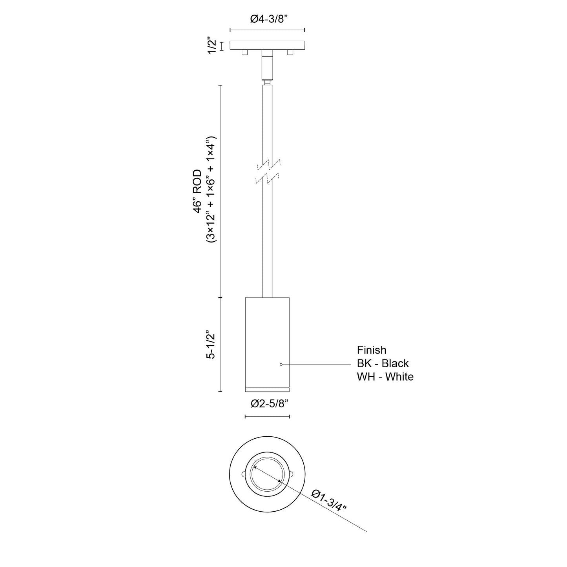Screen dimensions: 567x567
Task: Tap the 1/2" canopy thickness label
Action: (212, 46)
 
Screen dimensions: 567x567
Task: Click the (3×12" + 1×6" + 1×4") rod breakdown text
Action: (211, 191)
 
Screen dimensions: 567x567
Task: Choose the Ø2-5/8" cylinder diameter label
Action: (267, 403)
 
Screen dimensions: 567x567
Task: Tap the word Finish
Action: (371, 350)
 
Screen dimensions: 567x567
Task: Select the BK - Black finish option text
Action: (383, 363)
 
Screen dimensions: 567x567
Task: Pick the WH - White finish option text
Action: (385, 377)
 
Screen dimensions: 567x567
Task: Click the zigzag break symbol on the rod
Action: (268, 172)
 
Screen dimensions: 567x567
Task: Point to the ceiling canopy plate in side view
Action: (267, 46)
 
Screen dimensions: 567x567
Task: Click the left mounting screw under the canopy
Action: (244, 52)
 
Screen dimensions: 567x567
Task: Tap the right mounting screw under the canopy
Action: (290, 52)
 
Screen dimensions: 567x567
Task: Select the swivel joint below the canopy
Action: (267, 67)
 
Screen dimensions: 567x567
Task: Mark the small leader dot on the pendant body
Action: (281, 365)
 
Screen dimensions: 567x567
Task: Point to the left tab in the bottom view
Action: (243, 474)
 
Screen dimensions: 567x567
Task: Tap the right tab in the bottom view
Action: (291, 474)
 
